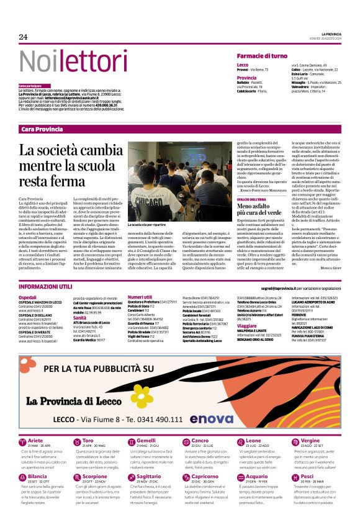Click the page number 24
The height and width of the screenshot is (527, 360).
[x=24, y=37]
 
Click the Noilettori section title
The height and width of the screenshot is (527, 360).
[x=65, y=61]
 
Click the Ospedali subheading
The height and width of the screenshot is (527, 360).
[x=28, y=298]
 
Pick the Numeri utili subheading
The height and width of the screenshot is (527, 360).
[x=140, y=298]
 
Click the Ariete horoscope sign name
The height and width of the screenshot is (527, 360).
[x=36, y=441]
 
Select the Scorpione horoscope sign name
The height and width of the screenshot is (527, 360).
[x=95, y=476]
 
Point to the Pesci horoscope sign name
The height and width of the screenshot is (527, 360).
[x=307, y=476]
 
